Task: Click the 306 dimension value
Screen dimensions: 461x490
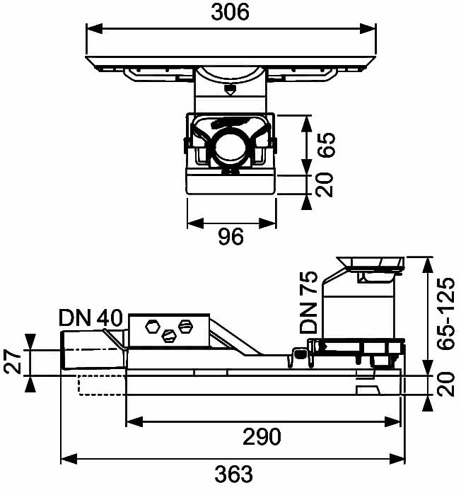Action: [x=230, y=13]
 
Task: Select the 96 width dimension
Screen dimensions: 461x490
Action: [x=230, y=236]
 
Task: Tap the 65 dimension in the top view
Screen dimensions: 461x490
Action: [x=327, y=145]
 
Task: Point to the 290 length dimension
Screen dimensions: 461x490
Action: [x=262, y=436]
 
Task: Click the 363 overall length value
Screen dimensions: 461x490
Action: [x=233, y=474]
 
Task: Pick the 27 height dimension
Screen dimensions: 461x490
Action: [x=13, y=362]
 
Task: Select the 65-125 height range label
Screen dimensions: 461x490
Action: [x=445, y=313]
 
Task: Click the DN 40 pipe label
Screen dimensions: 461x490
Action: [x=91, y=317]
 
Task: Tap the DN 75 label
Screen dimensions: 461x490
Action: [x=308, y=302]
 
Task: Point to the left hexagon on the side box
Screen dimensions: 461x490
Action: [x=153, y=327]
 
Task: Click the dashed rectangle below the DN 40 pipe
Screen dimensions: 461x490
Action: [x=102, y=385]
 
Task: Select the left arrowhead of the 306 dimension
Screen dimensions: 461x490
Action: [x=94, y=29]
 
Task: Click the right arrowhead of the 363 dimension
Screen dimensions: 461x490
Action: [x=396, y=459]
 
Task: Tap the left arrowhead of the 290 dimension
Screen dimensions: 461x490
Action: [x=134, y=421]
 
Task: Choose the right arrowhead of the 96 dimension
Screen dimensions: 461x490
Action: [x=267, y=223]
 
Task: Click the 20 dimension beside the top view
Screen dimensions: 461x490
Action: [x=324, y=185]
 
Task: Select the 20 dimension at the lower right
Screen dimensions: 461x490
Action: [x=445, y=384]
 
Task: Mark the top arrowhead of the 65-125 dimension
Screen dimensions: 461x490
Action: [x=428, y=265]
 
